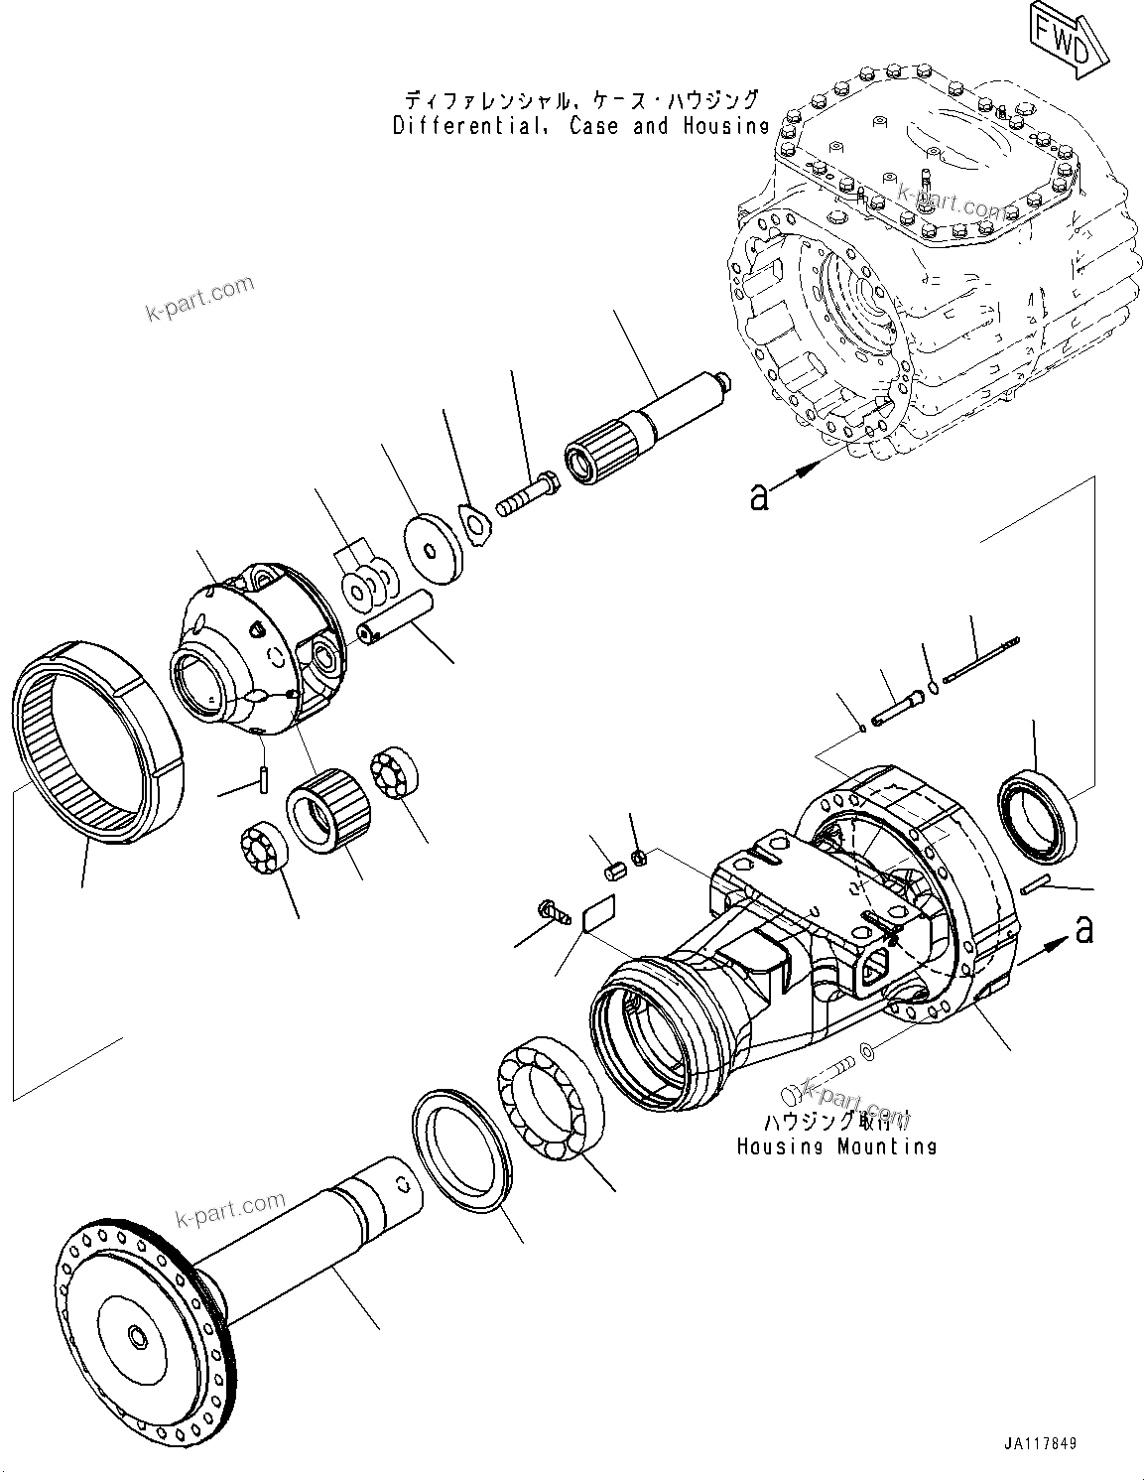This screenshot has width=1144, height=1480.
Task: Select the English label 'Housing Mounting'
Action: coord(835,1146)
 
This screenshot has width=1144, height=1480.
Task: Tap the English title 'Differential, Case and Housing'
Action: coord(580,126)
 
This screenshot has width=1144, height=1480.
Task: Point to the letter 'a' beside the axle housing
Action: coord(1084,930)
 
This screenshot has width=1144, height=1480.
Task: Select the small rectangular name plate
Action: coord(599,914)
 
